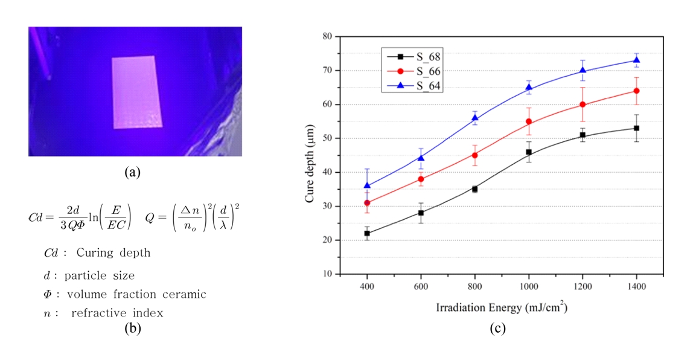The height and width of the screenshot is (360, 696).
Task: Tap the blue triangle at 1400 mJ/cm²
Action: coord(636,60)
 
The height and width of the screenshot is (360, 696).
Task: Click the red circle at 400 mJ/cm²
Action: coord(367,203)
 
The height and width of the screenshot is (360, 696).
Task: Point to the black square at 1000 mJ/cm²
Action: coord(529,152)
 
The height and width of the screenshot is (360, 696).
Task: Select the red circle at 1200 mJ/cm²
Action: coord(583,104)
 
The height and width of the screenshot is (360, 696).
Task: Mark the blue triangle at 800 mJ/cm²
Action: coord(475,118)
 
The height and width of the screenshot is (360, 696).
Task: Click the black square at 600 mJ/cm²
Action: coord(421,213)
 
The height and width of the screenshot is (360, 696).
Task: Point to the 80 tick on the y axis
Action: coord(328,36)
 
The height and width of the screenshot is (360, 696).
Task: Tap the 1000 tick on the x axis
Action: coord(529,286)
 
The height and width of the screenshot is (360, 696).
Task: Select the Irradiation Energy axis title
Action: coord(501,307)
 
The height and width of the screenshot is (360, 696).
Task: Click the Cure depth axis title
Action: coord(310,155)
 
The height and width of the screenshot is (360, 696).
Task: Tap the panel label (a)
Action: coord(132,173)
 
